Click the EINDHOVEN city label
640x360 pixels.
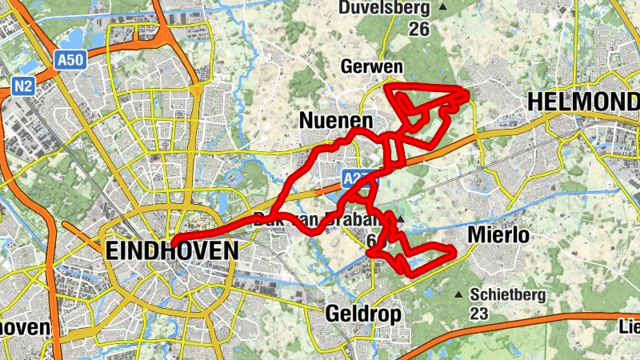pyautogui.click(x=171, y=251)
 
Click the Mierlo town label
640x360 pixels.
pyautogui.click(x=498, y=235)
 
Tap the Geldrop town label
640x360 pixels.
pyautogui.click(x=364, y=314)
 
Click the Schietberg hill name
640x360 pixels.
pyautogui.click(x=508, y=295)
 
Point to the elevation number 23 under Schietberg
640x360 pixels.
pyautogui.click(x=479, y=314)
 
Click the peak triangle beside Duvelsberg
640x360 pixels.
pyautogui.click(x=442, y=7)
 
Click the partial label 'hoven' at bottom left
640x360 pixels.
pyautogui.click(x=24, y=328)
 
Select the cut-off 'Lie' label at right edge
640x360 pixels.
pyautogui.click(x=630, y=326)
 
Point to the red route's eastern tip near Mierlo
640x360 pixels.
pyautogui.click(x=454, y=252)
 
